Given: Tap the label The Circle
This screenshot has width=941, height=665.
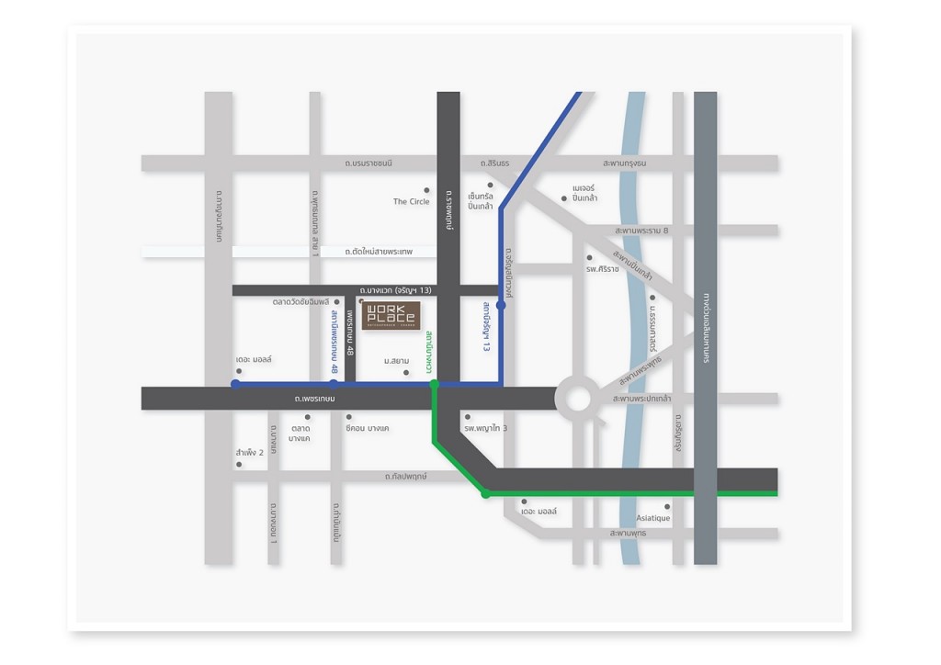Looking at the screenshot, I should (411, 202).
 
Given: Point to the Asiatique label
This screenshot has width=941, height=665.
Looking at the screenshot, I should (653, 519).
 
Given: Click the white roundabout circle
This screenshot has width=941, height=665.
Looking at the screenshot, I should (578, 399).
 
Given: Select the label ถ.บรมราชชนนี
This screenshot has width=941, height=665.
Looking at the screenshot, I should (368, 163).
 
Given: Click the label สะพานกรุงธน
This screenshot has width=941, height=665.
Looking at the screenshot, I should (625, 163).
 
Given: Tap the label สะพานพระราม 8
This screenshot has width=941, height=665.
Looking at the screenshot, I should (642, 231).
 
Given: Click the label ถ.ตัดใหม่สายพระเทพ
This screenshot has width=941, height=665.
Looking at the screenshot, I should (379, 251).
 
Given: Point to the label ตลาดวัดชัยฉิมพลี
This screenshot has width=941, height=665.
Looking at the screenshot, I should (300, 301).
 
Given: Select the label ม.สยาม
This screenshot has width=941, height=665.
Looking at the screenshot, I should (396, 361).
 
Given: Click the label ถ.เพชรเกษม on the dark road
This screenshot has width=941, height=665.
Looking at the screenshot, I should (315, 399).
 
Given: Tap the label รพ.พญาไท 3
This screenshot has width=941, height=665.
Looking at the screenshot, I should (486, 429).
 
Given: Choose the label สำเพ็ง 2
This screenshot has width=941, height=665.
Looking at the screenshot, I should (250, 453).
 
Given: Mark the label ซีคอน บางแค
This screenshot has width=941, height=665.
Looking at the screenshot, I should (368, 429).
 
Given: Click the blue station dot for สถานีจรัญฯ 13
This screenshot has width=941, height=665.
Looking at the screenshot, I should (501, 304).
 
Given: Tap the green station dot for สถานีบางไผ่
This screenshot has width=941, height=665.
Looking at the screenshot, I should (435, 384).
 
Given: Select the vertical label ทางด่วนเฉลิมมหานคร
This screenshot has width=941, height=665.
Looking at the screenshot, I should (706, 329).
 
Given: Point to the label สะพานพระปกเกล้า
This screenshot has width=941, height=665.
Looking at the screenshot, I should (641, 399).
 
